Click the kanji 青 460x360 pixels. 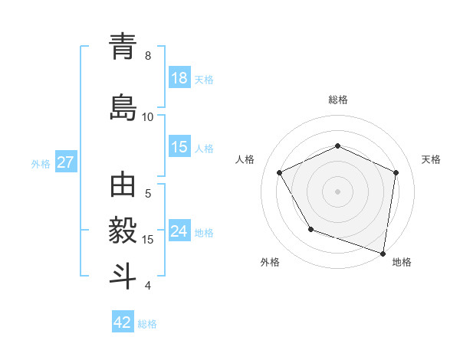pyautogui.click(x=123, y=48)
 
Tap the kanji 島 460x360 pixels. pyautogui.click(x=123, y=105)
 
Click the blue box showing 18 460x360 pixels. pyautogui.click(x=179, y=78)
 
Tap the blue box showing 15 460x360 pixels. pyautogui.click(x=179, y=147)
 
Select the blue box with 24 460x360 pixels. pyautogui.click(x=179, y=232)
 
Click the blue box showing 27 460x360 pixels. pyautogui.click(x=65, y=163)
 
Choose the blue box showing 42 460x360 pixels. pyautogui.click(x=123, y=322)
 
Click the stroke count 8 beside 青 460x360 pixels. pyautogui.click(x=148, y=56)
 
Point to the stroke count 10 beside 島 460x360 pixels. pyautogui.click(x=148, y=117)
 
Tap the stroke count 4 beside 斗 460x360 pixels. pyautogui.click(x=148, y=286)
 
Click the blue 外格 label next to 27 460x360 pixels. pyautogui.click(x=41, y=164)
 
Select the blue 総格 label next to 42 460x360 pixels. pyautogui.click(x=147, y=324)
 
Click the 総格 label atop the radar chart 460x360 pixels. pyautogui.click(x=337, y=100)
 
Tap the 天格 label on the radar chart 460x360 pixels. pyautogui.click(x=431, y=159)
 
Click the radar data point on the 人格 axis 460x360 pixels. pyautogui.click(x=280, y=172)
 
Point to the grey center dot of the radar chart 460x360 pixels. pyautogui.click(x=337, y=191)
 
